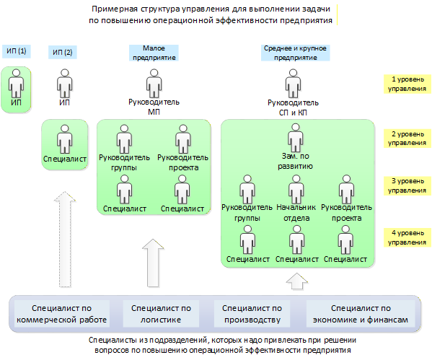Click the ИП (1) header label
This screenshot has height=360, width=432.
coord(17,51)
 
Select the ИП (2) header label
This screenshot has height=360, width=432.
coord(62,52)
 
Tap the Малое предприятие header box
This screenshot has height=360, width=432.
coord(154,53)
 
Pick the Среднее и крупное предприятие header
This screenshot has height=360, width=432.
coord(295,53)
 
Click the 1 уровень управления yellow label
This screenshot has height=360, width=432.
coord(407,84)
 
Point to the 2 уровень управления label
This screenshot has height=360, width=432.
coord(407,139)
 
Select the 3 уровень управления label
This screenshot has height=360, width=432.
coord(407,186)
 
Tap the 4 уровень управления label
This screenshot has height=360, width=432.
coord(407,237)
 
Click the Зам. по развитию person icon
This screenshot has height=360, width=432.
coord(296,138)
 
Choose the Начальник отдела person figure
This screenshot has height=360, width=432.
coord(296,189)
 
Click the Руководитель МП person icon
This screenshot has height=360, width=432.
coord(154,84)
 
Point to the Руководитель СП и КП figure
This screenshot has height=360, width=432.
coord(293,84)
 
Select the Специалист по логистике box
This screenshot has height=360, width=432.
coord(161,314)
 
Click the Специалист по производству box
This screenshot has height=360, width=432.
coord(252,314)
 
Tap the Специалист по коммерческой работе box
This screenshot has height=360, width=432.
coord(62,314)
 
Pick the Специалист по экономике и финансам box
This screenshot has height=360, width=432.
coord(361,314)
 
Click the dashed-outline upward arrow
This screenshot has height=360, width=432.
coord(65,240)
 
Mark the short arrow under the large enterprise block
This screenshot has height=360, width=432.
coord(296,281)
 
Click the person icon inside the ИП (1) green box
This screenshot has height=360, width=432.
coord(17,84)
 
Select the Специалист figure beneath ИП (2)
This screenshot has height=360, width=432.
coord(65,139)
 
